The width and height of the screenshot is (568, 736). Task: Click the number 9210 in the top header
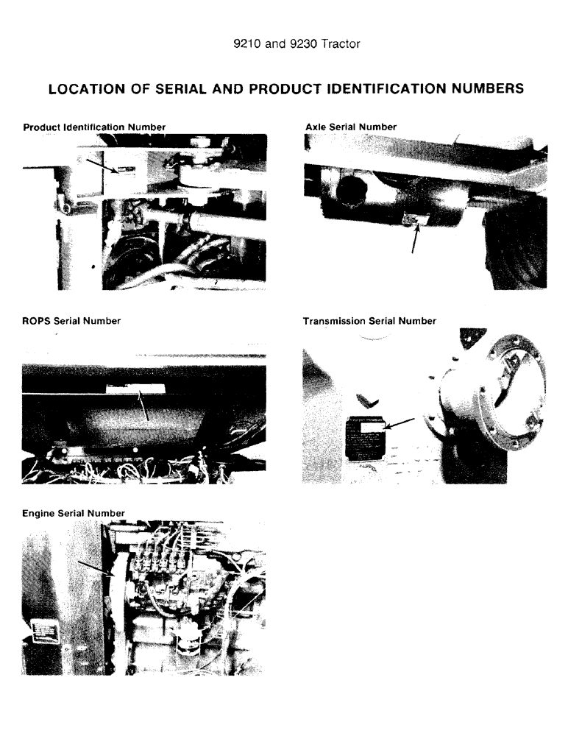[x=246, y=44]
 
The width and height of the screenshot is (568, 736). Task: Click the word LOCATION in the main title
[x=88, y=89]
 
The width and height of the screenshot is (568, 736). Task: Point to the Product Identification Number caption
[x=94, y=127]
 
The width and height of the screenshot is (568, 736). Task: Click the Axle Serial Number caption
[x=350, y=127]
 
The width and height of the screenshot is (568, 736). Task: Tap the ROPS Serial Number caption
[x=72, y=321]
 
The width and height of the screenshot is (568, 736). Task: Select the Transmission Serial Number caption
[x=369, y=321]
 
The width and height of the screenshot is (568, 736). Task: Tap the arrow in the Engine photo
[x=94, y=567]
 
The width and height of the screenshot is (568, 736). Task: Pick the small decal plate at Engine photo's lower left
[x=46, y=631]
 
